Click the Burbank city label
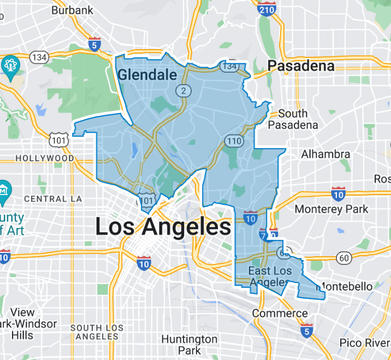coord(72,10)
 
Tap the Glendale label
coord(147,75)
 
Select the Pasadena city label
coord(301,66)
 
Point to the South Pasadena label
coord(293,119)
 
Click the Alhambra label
coord(325,154)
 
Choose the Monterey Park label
coord(331,209)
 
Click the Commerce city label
coord(280,314)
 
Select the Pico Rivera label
coord(365,343)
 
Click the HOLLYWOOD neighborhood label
coord(45,158)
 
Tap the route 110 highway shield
coord(233,141)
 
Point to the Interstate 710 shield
coord(264,234)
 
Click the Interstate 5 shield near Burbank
coord(94,44)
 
